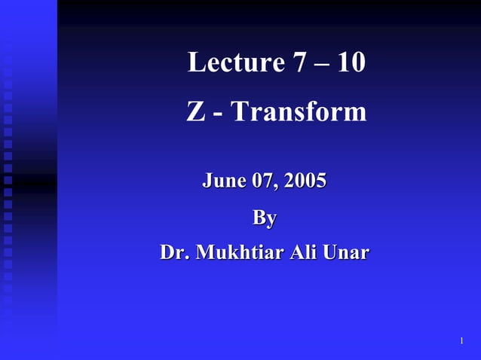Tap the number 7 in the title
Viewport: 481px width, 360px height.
[x=299, y=63]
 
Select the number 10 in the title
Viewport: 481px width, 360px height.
[x=351, y=63]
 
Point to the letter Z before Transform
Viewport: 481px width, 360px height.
[x=195, y=112]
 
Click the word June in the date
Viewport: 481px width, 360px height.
[x=223, y=181]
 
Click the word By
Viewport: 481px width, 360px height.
[x=264, y=218]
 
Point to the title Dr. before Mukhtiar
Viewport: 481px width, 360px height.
[x=174, y=252]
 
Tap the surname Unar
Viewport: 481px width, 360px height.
[x=346, y=252]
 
